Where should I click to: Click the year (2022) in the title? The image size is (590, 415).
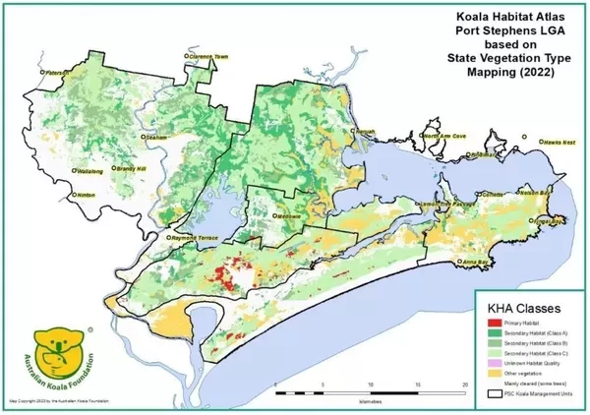point(540,70)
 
